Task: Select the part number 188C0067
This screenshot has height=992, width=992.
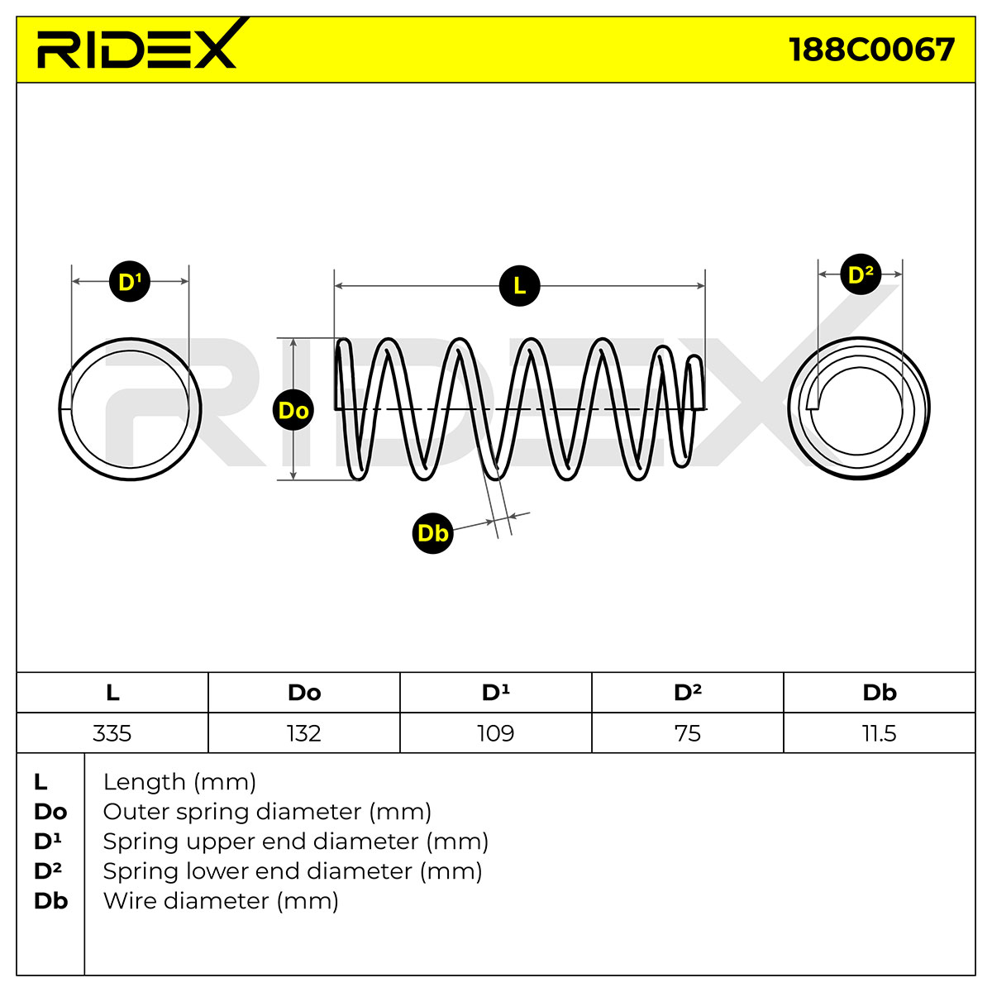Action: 871,50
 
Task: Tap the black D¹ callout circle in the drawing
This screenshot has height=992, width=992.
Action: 130,281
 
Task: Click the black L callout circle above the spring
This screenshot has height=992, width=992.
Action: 519,286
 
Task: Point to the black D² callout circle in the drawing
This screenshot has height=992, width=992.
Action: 861,274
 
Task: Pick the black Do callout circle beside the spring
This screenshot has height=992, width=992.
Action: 293,410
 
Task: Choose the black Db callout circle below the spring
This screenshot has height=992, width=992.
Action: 432,533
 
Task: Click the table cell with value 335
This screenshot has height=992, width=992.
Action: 112,733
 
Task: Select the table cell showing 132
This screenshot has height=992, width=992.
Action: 303,733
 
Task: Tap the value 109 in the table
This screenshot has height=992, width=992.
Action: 496,733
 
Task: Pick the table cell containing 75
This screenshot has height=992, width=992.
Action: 688,733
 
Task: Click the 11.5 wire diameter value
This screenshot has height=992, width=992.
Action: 880,733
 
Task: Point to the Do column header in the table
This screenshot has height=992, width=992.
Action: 304,693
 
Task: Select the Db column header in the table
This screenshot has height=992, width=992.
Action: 880,693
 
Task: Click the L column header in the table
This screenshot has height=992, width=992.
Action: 112,693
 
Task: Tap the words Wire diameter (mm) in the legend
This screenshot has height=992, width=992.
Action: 221,901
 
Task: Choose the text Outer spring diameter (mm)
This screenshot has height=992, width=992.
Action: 267,812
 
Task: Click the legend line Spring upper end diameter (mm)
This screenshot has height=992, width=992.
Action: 295,842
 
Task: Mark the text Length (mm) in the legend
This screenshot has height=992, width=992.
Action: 179,782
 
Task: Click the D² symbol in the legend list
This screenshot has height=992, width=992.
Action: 48,871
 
